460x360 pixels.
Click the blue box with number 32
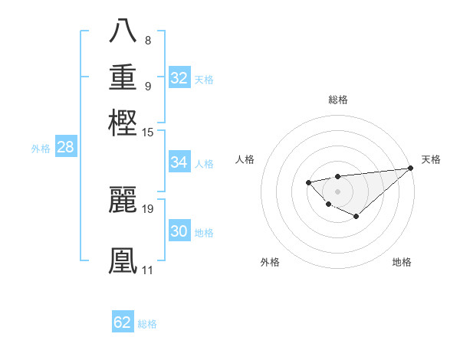click(179, 78)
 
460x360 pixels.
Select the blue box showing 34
click(179, 162)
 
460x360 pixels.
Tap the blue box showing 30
click(179, 231)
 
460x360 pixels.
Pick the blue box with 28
click(65, 148)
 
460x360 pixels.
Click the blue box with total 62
click(123, 322)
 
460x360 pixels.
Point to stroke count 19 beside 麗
click(148, 208)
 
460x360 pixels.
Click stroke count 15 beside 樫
click(148, 133)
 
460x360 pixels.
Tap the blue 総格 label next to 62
click(147, 324)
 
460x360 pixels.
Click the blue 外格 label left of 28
click(41, 149)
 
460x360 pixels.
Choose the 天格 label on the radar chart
click(431, 159)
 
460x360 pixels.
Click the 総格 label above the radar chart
click(337, 100)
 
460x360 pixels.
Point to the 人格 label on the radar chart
click(245, 159)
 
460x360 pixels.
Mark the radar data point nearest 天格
click(409, 168)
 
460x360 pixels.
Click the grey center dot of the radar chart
click(337, 191)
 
